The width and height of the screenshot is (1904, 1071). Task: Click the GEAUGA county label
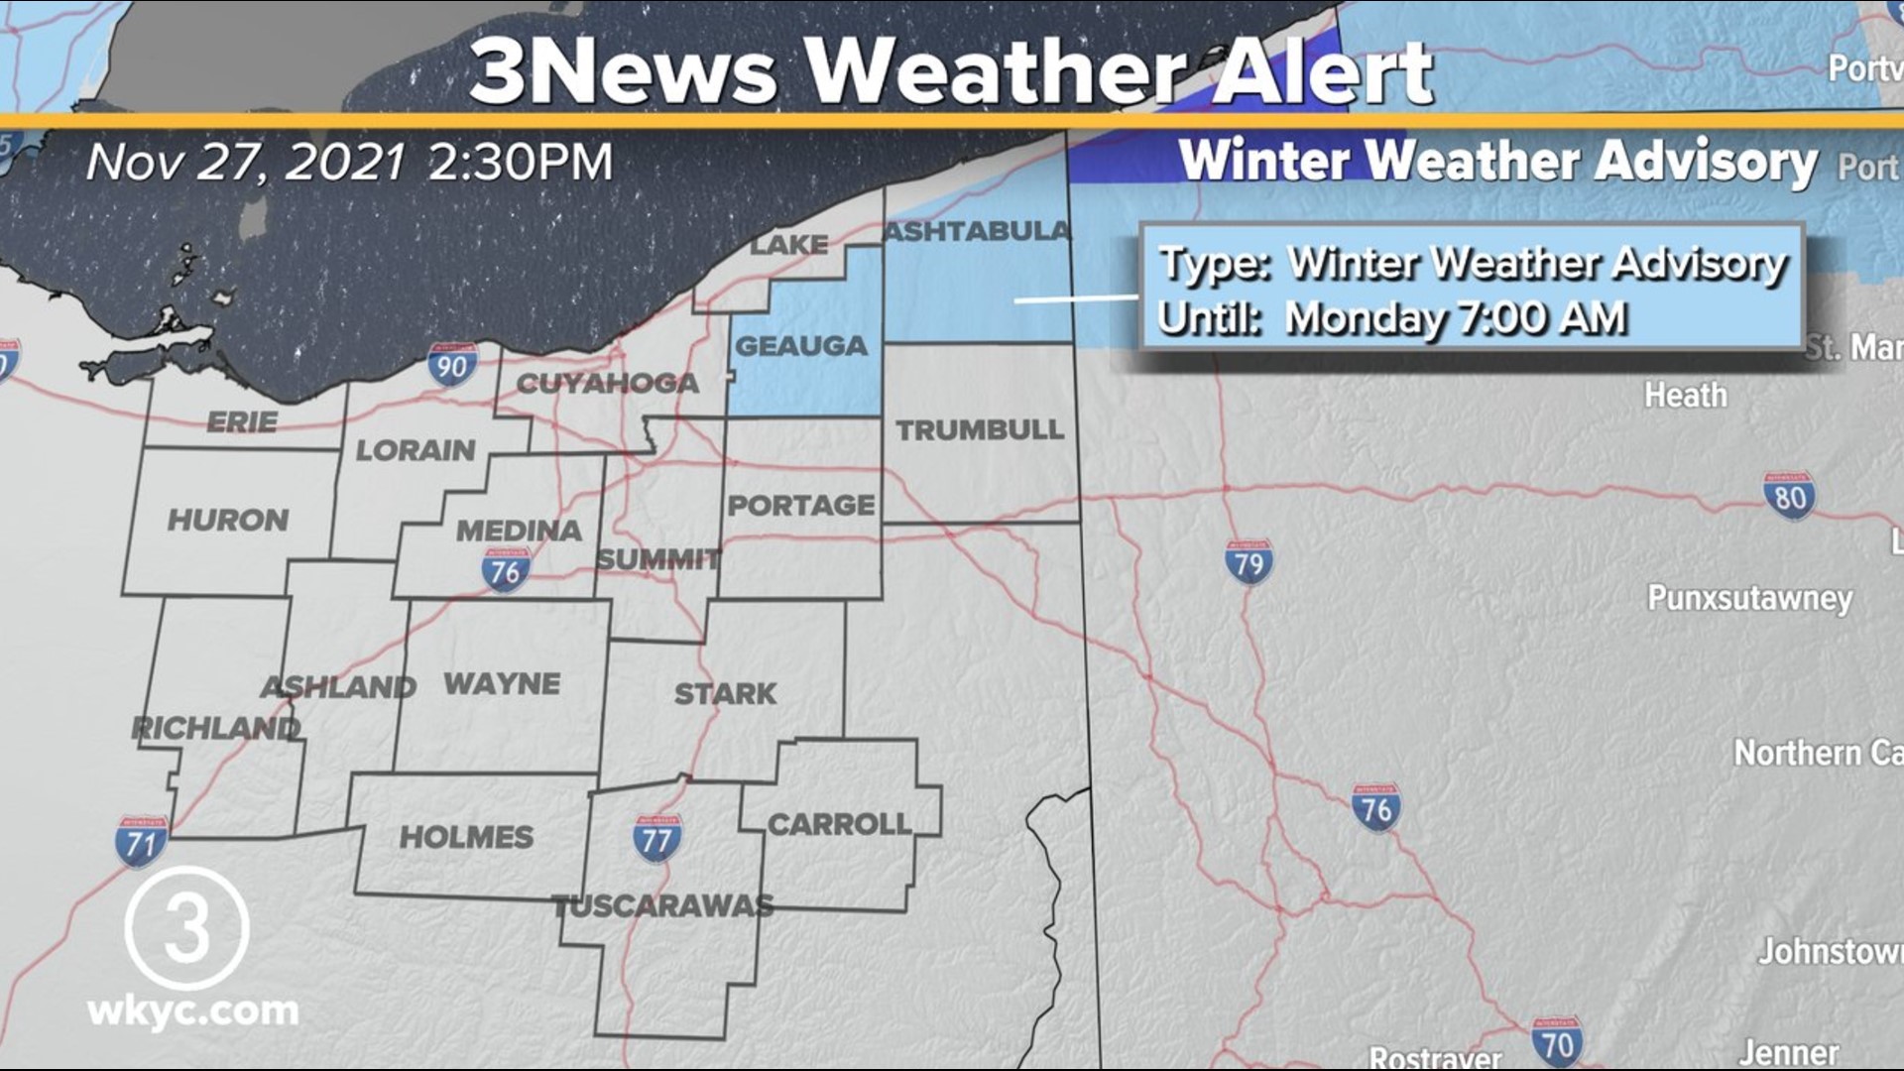pos(800,346)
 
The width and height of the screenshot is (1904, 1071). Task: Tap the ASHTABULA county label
pos(977,231)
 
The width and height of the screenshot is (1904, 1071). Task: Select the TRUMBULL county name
pos(980,429)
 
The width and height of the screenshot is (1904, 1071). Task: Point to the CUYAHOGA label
pos(607,383)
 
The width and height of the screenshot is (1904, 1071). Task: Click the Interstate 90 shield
pos(452,366)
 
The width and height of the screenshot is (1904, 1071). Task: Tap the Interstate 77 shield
pos(656,839)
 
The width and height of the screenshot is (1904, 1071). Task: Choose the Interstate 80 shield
pos(1789,495)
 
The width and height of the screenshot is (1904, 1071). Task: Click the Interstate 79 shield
pos(1249,562)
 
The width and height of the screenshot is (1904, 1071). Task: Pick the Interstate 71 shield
pos(142,842)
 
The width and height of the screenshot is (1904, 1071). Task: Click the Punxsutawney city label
pos(1749,598)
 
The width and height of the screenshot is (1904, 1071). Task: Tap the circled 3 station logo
pos(186,927)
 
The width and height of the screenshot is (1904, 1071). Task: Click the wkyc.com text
pos(193,1011)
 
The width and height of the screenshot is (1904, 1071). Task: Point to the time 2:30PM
pos(521,162)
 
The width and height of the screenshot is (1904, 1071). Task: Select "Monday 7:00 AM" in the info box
pos(1456,318)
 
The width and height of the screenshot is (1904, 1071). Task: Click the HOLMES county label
pos(466,837)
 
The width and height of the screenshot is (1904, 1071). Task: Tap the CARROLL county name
pos(839,824)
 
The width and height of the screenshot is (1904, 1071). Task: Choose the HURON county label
pos(228,520)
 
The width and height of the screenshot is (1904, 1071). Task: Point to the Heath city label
pos(1686,396)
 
